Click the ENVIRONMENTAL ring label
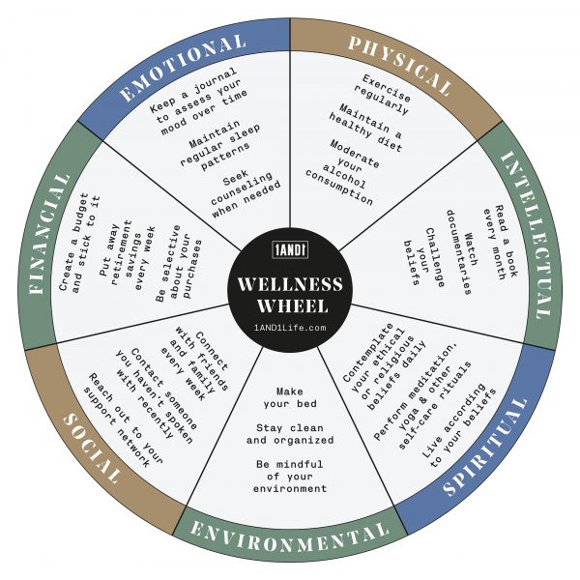pos(289,532)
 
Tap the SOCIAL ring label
pos(93,450)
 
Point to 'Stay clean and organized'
pos(290,434)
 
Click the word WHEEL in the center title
pos(290,305)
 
